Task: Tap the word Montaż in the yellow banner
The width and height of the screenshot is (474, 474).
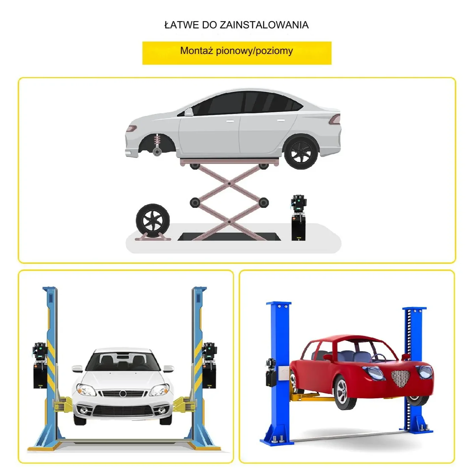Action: click(x=196, y=51)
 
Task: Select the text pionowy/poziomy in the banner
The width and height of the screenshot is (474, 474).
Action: click(x=254, y=51)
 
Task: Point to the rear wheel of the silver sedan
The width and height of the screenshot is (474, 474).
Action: click(x=301, y=152)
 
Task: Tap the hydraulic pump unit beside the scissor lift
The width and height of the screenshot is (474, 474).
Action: click(x=298, y=218)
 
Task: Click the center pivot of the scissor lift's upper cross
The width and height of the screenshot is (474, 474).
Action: click(x=229, y=184)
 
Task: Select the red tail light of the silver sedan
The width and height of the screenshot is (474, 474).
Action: click(x=335, y=119)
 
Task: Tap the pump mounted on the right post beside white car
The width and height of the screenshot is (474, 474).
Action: click(x=209, y=365)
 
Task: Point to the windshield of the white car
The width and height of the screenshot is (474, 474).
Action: click(x=123, y=362)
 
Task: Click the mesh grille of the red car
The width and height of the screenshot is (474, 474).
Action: click(x=401, y=377)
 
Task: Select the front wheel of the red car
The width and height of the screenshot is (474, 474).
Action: click(x=345, y=393)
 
